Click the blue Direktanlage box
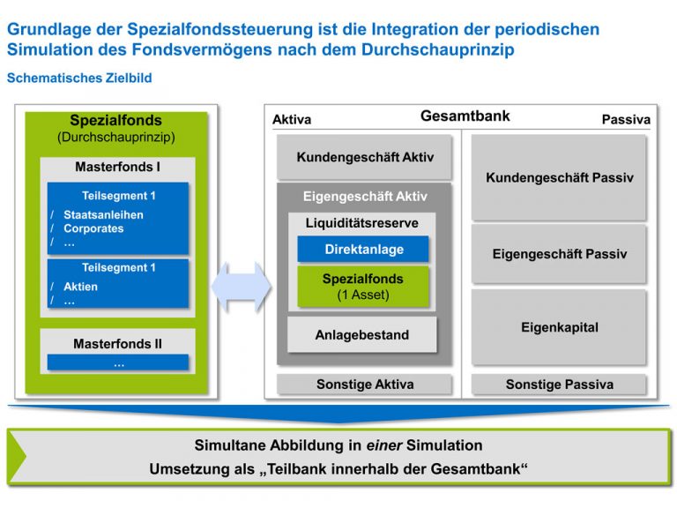363,250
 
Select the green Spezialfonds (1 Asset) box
363,287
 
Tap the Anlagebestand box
362,335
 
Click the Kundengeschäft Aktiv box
365,158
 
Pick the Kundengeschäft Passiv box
559,177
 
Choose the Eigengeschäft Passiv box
559,254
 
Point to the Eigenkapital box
559,327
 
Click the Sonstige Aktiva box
365,385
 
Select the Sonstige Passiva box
559,385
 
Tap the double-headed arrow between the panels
242,287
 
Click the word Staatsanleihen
103,214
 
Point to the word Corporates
93,228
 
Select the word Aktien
80,287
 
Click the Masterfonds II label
117,344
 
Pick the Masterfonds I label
117,167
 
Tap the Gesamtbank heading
465,116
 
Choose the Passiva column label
626,120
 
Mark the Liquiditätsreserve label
362,223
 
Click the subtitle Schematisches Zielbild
79,78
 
